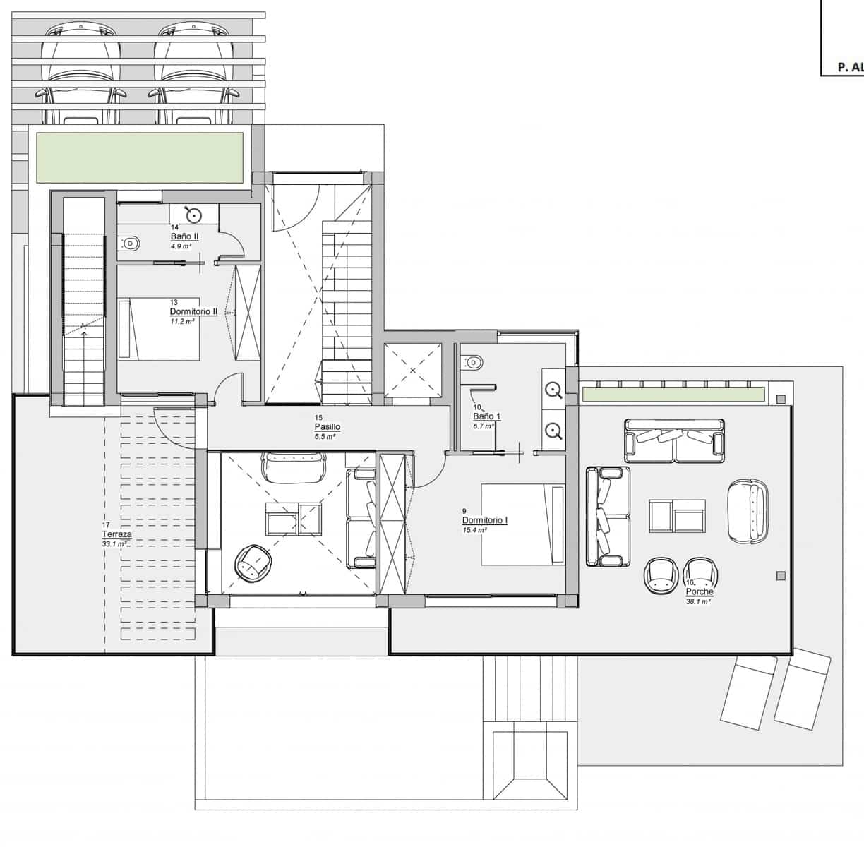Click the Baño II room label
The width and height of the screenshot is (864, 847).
pos(184,236)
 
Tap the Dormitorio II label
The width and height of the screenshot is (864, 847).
pos(193,311)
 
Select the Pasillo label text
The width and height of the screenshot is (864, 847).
pos(328,427)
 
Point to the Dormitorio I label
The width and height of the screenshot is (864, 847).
pos(485,521)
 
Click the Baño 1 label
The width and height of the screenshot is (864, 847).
pos(486,416)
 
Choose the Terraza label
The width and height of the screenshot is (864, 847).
pos(116,535)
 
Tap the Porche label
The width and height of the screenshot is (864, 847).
pos(699,592)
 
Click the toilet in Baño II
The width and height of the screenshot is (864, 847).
pos(130,244)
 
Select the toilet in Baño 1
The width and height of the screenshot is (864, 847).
pos(474,363)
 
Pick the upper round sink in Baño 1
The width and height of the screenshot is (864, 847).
pos(553,389)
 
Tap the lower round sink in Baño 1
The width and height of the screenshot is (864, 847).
pos(553,429)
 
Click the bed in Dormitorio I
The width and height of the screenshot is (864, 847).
pos(522,524)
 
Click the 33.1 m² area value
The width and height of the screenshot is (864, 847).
pos(115,544)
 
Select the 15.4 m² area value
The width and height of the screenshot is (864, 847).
pos(474,529)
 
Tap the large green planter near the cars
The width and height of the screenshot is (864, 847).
pos(139,156)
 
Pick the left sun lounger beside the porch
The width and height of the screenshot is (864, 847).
pos(749,692)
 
